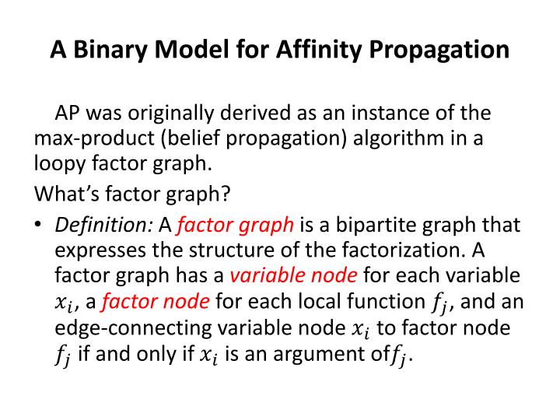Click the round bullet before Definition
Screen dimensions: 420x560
click(x=38, y=226)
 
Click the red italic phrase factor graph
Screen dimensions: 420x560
click(x=236, y=225)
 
